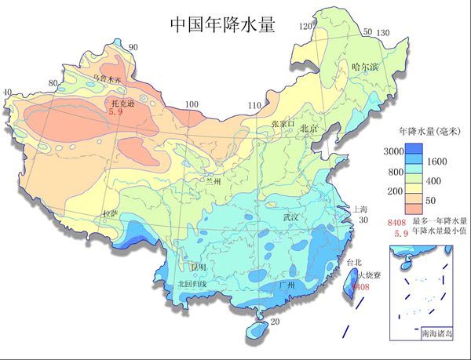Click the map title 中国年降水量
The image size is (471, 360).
222,25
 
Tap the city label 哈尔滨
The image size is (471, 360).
366,67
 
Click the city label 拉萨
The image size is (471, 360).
111,213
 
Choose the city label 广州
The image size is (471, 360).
287,286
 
